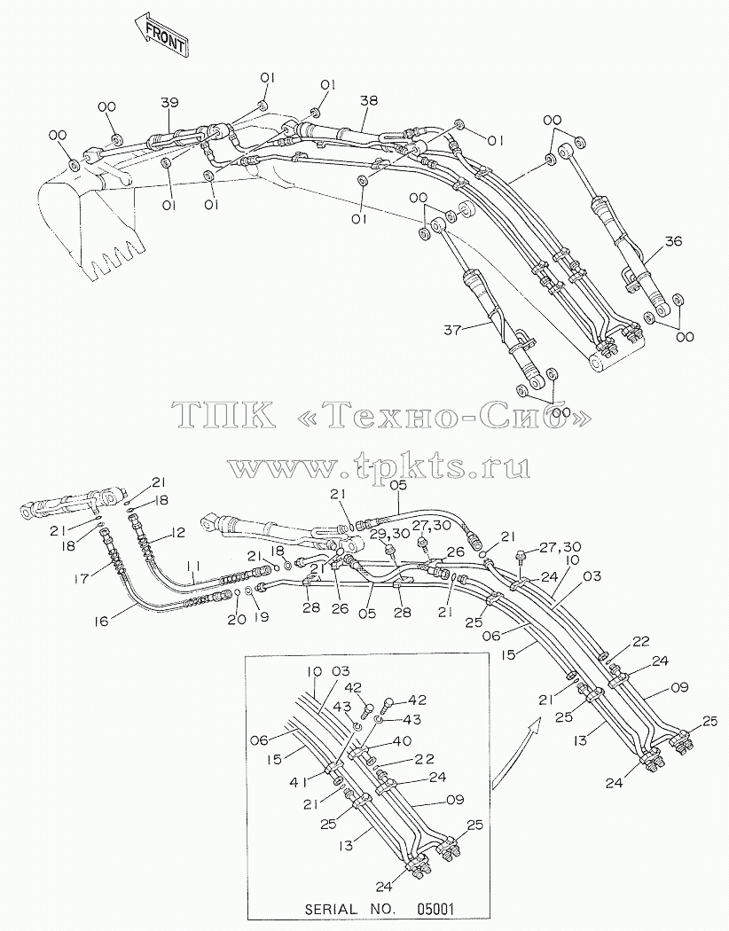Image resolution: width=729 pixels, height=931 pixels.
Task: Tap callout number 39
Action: (x=169, y=103)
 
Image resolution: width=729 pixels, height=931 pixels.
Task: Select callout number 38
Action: (x=369, y=101)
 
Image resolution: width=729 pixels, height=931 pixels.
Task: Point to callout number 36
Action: (x=673, y=241)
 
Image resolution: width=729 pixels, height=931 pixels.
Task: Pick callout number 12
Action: (x=176, y=532)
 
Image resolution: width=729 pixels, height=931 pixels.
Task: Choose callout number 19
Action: (x=261, y=617)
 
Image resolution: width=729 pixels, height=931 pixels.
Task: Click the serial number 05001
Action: (x=435, y=909)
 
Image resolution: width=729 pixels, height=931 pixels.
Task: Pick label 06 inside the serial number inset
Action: (x=260, y=739)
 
